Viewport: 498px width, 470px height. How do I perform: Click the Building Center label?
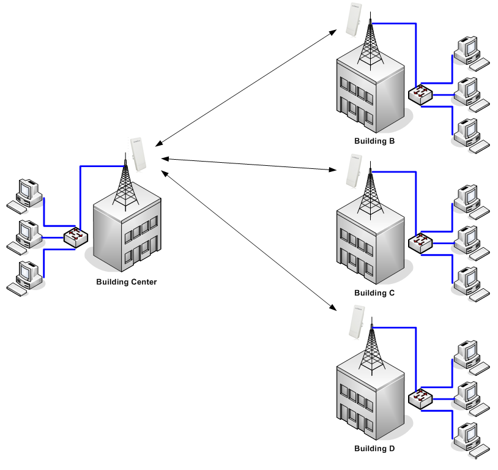click(x=127, y=282)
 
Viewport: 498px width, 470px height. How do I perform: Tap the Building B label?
click(x=374, y=141)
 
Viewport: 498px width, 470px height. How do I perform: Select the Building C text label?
click(x=374, y=293)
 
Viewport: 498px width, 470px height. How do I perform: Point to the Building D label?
click(x=374, y=449)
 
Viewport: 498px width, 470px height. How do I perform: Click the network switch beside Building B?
click(x=420, y=94)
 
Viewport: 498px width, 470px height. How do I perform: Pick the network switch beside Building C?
click(x=420, y=243)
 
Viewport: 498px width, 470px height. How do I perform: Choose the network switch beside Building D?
click(x=420, y=399)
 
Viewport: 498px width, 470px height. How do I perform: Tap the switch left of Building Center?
click(x=76, y=237)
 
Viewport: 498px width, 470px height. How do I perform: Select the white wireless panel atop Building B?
click(x=352, y=20)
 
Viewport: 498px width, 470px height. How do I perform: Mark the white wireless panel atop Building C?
click(x=352, y=172)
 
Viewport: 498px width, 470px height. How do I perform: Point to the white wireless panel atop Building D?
click(x=352, y=323)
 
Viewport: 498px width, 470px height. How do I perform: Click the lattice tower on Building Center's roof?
click(x=125, y=184)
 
